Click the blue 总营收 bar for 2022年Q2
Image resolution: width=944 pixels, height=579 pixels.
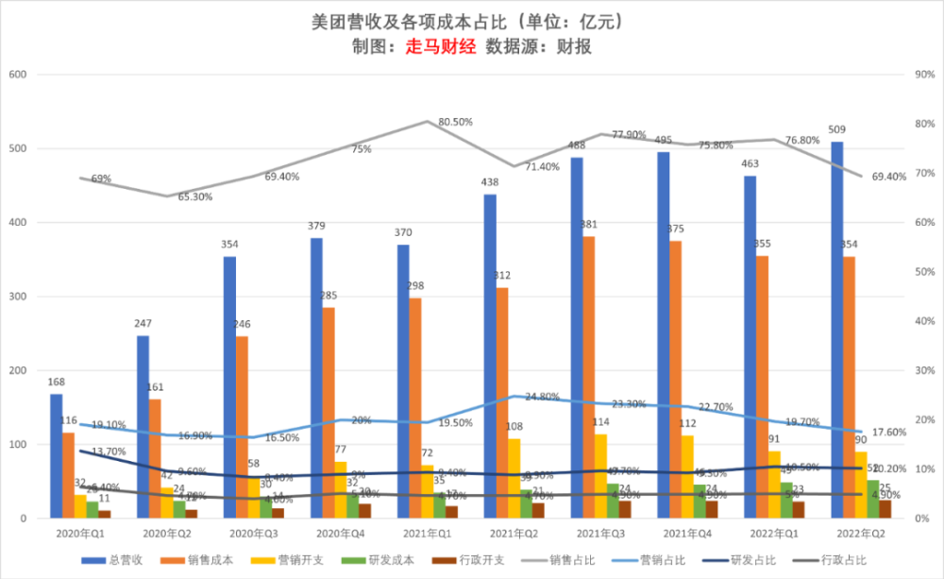[x=837, y=330]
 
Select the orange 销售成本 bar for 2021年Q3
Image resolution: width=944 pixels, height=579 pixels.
[x=588, y=377]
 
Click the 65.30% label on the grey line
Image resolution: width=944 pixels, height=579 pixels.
[x=195, y=197]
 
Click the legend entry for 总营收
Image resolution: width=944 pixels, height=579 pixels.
[x=117, y=561]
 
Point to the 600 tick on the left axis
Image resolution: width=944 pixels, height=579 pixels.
[x=19, y=75]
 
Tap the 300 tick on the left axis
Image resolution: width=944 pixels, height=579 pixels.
[x=19, y=297]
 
